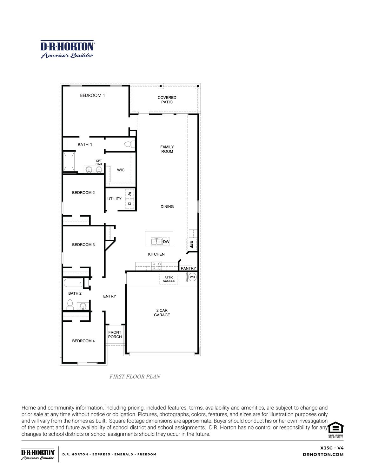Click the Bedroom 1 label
click(92, 95)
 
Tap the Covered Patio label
click(167, 100)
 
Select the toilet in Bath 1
click(129, 145)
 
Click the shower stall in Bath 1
click(69, 161)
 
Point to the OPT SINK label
click(99, 162)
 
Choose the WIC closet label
click(121, 170)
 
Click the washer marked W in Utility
click(129, 194)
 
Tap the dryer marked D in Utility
click(129, 203)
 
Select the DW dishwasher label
click(166, 242)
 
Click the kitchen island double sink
click(156, 242)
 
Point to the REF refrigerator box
click(191, 244)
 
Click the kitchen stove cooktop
click(156, 266)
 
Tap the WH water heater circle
click(192, 277)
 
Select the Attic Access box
click(169, 279)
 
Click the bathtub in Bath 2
click(73, 283)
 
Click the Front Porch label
click(115, 334)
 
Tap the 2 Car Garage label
click(162, 312)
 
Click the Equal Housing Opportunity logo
click(335, 429)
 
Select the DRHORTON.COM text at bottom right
click(323, 455)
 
